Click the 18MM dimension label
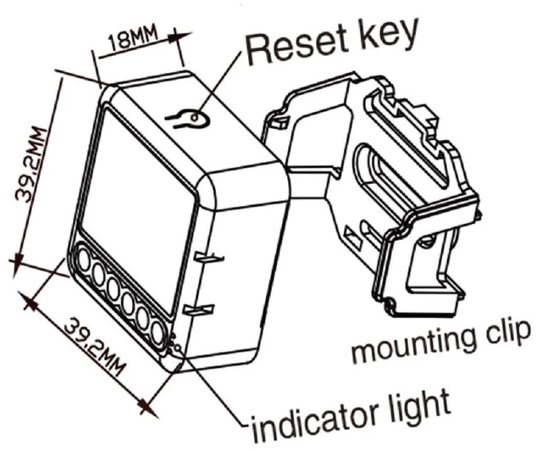pos(133,37)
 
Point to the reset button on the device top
pos(194,118)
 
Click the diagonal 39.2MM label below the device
pos(95,347)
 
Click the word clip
pos(503,330)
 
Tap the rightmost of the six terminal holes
pos(158,333)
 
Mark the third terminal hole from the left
pos(113,289)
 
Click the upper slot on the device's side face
pos(209,258)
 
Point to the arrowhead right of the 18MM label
pos(180,36)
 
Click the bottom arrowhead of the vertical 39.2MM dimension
pos(18,264)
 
